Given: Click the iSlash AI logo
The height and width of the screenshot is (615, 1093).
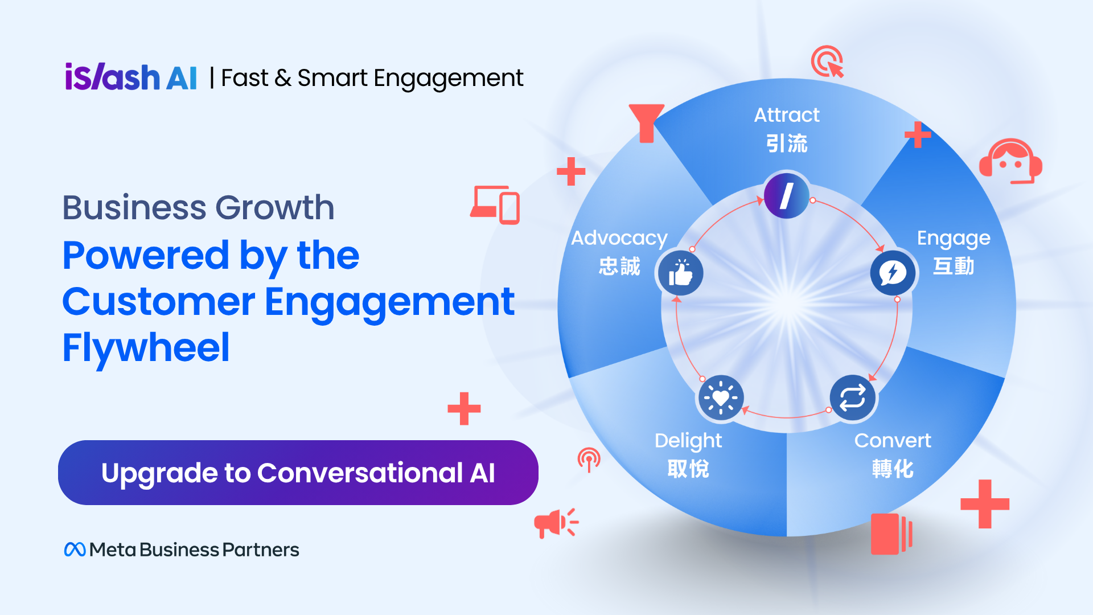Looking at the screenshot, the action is click(131, 77).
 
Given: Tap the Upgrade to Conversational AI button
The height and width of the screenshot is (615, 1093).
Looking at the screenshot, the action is click(298, 473).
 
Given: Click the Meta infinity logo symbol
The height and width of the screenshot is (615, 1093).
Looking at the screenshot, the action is click(75, 550).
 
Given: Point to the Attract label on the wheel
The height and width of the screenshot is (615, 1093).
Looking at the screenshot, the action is click(787, 115).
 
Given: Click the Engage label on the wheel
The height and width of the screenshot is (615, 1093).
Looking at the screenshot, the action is click(954, 239).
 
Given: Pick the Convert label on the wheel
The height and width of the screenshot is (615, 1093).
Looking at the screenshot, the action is click(893, 440).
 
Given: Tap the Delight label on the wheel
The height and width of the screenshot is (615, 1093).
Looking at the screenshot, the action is click(688, 441).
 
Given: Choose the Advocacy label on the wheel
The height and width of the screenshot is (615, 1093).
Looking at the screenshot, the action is click(619, 239).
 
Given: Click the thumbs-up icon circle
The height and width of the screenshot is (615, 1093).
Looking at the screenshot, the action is click(681, 273).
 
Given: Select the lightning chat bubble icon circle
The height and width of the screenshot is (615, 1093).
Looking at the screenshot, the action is click(893, 273).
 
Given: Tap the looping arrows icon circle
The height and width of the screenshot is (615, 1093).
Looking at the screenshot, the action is click(852, 397).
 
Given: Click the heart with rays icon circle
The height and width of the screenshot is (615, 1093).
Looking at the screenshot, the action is click(721, 397).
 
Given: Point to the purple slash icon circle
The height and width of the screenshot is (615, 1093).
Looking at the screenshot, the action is click(787, 195).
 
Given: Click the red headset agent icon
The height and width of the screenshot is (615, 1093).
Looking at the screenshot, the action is click(1010, 161).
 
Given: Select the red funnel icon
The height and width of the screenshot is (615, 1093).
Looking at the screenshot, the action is click(647, 123).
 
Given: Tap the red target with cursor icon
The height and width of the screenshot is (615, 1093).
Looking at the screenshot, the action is click(827, 61).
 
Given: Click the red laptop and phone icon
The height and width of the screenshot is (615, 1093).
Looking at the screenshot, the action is click(495, 205).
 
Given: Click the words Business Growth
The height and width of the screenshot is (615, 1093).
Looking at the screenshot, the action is click(198, 207).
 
